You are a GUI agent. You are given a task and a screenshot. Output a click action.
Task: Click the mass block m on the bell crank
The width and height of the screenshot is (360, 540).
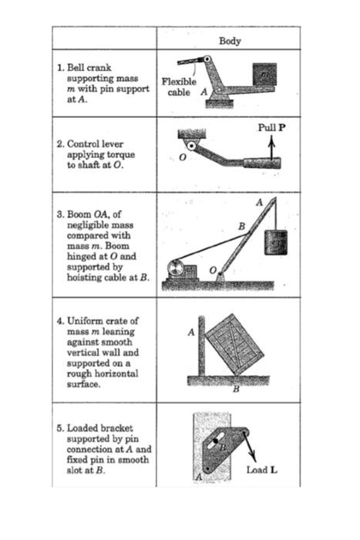[264, 74]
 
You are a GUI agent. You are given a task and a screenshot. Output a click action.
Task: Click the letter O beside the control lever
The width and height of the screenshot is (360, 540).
[183, 158]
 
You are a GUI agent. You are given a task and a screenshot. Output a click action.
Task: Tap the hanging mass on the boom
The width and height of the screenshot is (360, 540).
[275, 243]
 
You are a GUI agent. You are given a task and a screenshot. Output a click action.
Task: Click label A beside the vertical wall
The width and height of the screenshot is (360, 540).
[190, 332]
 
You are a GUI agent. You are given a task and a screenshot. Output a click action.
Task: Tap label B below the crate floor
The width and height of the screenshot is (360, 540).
[236, 389]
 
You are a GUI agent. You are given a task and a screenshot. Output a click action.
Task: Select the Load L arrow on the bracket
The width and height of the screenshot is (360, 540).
[250, 446]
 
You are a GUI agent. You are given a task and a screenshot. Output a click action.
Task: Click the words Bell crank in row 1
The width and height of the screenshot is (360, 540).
[85, 68]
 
